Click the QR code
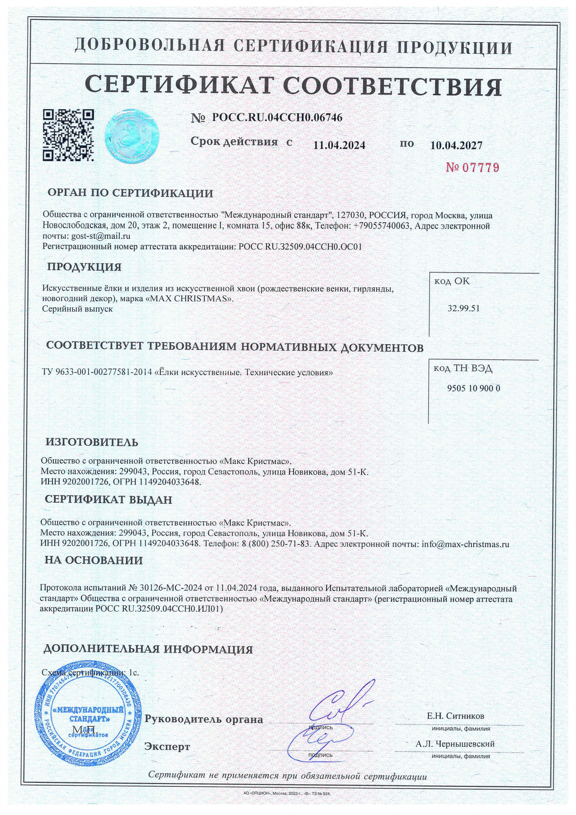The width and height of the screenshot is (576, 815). (x=68, y=135)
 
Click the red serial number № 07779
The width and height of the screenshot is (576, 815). (x=472, y=168)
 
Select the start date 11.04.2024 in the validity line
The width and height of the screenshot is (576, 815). (x=339, y=145)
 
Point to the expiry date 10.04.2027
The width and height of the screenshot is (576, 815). (x=456, y=145)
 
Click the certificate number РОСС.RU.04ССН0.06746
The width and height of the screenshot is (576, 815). (x=277, y=118)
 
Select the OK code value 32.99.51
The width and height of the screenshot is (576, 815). (x=464, y=308)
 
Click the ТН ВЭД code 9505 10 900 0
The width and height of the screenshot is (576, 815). (x=473, y=388)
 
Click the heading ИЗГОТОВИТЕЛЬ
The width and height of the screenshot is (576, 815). (x=92, y=442)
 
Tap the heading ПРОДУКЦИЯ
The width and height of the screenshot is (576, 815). (x=84, y=267)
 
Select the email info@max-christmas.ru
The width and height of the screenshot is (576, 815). (x=465, y=544)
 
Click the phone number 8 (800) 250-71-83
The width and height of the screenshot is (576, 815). (x=276, y=544)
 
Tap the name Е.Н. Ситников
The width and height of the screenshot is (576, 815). (x=455, y=716)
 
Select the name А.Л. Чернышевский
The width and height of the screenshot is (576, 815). (x=455, y=744)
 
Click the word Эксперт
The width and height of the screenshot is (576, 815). (x=167, y=747)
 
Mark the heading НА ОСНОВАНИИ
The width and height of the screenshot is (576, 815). (x=93, y=560)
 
